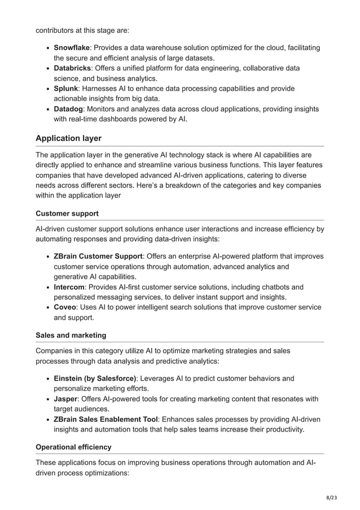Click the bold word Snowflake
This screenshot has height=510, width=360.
(72, 48)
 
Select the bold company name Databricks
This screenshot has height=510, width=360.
(72, 68)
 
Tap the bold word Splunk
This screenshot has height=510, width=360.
(66, 89)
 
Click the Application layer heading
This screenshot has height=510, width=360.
(68, 138)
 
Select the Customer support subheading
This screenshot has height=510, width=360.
(67, 213)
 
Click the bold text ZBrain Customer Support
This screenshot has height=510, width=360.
(98, 256)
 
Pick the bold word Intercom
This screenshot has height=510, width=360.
(69, 287)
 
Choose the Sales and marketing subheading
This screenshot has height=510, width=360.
(71, 335)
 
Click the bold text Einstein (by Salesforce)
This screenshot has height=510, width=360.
(95, 378)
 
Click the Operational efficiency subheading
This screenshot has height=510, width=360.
(73, 447)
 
